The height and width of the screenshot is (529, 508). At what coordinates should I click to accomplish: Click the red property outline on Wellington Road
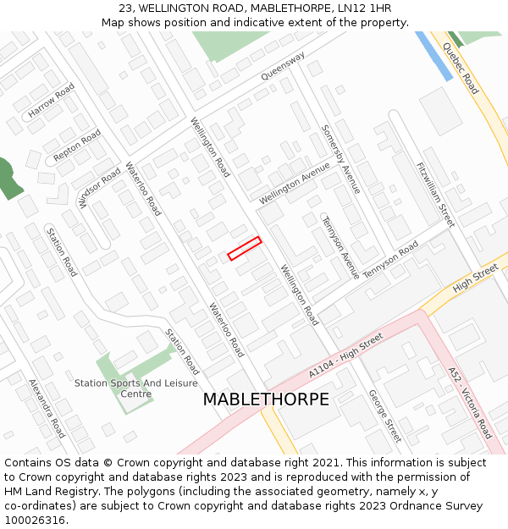tap(245, 248)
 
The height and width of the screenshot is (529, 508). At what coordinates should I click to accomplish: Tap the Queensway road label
tap(283, 66)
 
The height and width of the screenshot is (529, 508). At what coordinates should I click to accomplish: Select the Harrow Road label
tap(52, 101)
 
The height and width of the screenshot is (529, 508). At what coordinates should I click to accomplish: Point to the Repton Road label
tap(77, 146)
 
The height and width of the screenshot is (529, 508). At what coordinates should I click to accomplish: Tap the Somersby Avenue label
tap(340, 160)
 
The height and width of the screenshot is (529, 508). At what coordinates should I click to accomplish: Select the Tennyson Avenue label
tap(340, 247)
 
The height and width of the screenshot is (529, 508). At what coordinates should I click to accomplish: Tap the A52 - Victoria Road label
tap(470, 403)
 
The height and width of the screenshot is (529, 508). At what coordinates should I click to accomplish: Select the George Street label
tap(384, 416)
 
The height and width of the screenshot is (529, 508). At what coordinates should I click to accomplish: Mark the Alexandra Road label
tap(47, 408)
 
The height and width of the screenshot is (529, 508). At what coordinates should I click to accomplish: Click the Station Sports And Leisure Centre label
tap(135, 388)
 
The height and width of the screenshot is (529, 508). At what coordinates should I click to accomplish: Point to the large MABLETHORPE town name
tap(266, 400)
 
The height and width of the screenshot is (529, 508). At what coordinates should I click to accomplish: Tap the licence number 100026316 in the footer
tap(36, 520)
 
